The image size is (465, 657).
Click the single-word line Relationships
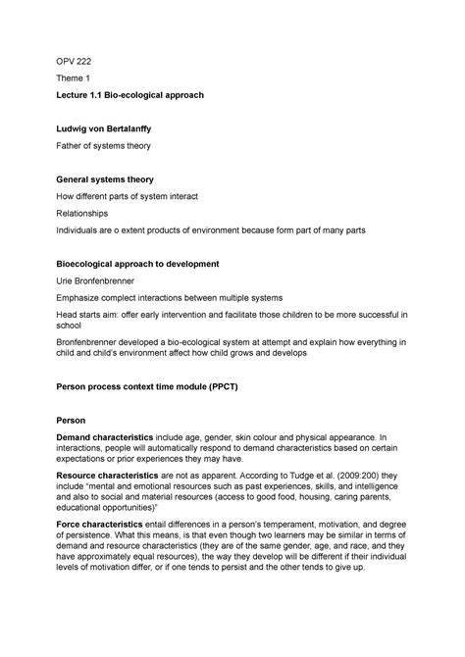(x=82, y=212)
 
